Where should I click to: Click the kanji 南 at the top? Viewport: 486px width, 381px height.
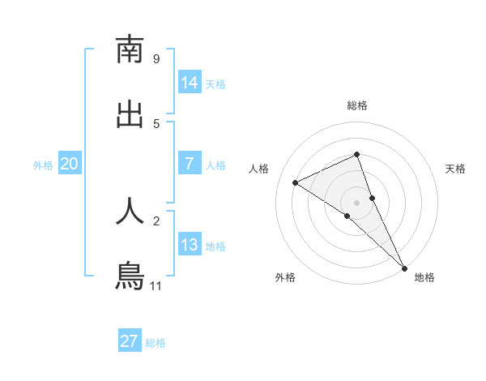tap(130, 50)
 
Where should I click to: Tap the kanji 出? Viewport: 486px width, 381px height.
tap(130, 115)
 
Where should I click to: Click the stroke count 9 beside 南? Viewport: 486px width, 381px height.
tap(156, 59)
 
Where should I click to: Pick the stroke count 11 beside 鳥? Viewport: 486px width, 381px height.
tap(156, 286)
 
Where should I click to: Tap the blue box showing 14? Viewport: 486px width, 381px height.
tap(190, 83)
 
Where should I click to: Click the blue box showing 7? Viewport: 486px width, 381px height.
tap(190, 164)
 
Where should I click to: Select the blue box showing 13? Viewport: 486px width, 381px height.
tap(190, 245)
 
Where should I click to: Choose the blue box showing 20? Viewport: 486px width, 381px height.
tap(70, 164)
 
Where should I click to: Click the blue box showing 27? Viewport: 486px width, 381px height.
tap(130, 341)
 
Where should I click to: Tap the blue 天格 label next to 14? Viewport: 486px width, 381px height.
tap(215, 84)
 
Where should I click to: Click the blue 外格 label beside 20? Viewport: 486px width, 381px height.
tap(43, 165)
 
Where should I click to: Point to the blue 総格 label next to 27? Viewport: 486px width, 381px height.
tap(156, 343)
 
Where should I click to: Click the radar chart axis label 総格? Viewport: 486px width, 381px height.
tap(356, 105)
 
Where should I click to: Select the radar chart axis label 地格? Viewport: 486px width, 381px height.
tap(424, 277)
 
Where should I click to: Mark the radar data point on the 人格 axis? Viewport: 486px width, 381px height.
tap(296, 182)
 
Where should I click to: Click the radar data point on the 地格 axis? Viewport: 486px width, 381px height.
tap(404, 268)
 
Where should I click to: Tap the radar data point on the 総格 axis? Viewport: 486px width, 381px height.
tap(356, 154)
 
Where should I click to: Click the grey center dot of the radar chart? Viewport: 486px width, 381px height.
tap(356, 202)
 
